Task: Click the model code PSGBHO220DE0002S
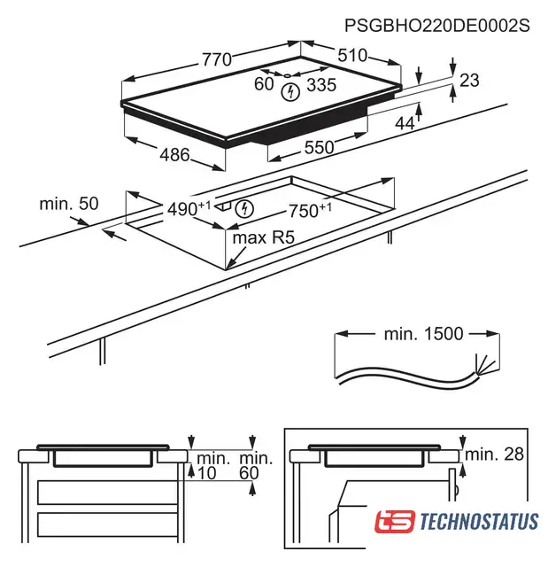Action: click(437, 26)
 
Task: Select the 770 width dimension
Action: click(216, 59)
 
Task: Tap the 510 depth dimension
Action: click(352, 55)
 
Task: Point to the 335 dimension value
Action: click(321, 85)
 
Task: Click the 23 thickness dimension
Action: click(469, 81)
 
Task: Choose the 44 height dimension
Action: click(405, 124)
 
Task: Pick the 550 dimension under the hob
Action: click(319, 148)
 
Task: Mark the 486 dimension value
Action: click(174, 155)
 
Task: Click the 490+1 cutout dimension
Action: click(189, 209)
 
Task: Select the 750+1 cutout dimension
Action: click(310, 211)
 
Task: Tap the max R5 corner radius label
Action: click(264, 237)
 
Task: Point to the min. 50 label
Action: click(69, 204)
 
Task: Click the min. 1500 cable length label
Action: click(423, 334)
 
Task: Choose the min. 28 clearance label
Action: click(494, 454)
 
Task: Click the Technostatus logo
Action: click(456, 521)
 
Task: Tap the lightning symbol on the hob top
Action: click(290, 92)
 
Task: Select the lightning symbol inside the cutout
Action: click(244, 209)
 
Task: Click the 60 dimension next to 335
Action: click(264, 84)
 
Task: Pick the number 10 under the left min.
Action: click(207, 473)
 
